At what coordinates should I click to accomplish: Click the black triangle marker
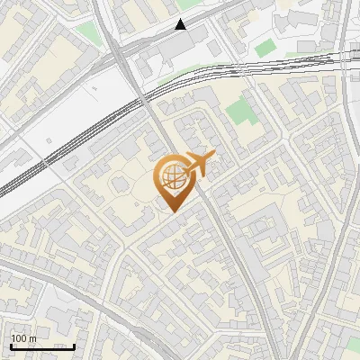[x=181, y=24]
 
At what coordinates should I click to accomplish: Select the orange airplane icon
[x=200, y=163]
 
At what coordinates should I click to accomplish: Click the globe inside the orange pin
[x=172, y=175]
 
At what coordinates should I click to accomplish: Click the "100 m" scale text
[x=24, y=338]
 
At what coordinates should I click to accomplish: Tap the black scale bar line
[x=42, y=346]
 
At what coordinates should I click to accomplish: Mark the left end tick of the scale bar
[x=11, y=346]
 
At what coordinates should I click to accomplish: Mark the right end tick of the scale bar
[x=75, y=346]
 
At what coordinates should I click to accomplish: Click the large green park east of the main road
[x=239, y=113]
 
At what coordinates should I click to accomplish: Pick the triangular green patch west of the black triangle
[x=87, y=34]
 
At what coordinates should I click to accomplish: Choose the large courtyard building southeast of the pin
[x=270, y=216]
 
